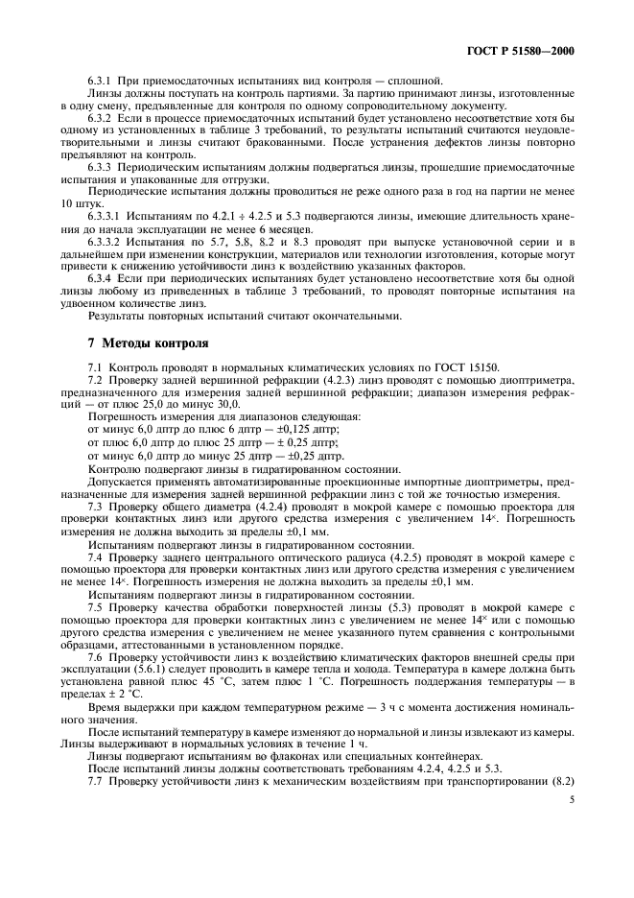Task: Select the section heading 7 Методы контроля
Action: point(140,343)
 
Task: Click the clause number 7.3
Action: point(98,505)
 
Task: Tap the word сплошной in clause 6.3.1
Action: point(413,81)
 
